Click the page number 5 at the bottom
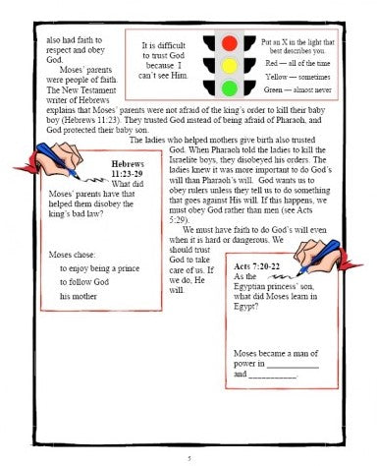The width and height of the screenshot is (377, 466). coord(189,457)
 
